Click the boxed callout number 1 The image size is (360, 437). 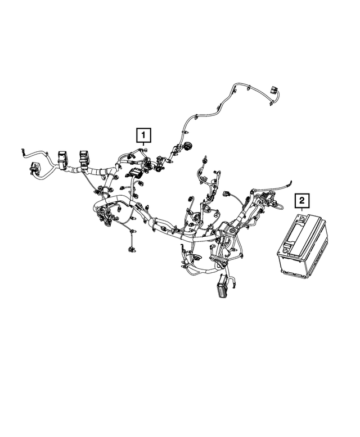143,135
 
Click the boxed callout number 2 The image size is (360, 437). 302,200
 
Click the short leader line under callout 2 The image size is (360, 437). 302,210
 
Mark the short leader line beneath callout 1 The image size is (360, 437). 143,145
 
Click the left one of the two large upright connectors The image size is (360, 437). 62,159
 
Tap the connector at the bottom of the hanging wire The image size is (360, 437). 130,247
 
